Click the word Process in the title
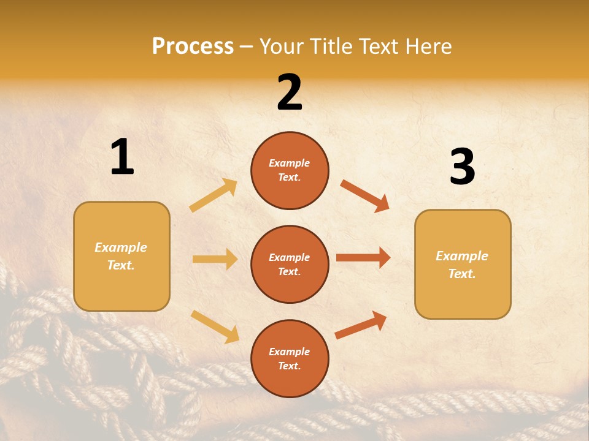[193, 47]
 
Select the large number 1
[122, 157]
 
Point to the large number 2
[290, 92]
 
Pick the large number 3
[462, 167]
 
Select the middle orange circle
[290, 265]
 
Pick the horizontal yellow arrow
[215, 259]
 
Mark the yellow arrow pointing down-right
[215, 326]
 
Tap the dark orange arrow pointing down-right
[364, 195]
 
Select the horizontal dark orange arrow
[363, 258]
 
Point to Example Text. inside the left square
[121, 256]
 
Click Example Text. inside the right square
[462, 265]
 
